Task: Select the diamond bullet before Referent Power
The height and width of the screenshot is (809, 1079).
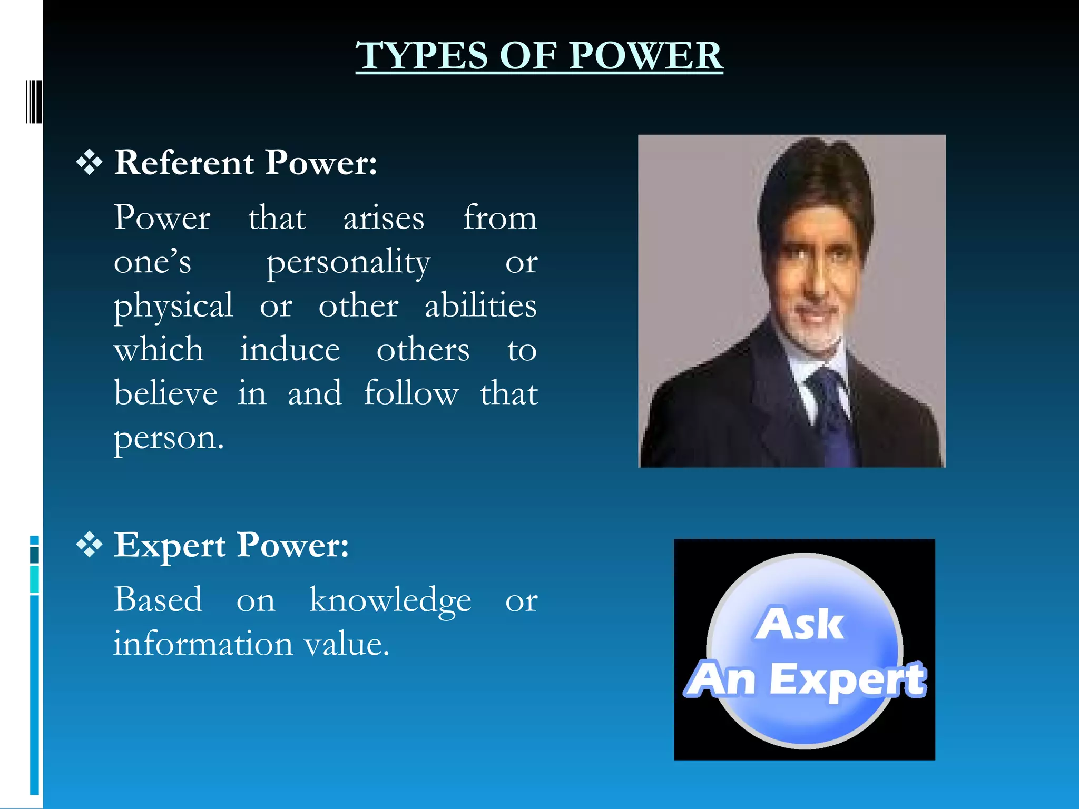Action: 90,163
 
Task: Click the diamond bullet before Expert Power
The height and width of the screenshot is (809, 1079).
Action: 90,545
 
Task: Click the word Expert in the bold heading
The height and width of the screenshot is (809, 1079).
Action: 170,545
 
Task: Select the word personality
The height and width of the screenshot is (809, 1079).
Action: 348,262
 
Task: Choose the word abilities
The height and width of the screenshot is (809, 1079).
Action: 480,305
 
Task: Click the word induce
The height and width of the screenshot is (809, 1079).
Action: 290,350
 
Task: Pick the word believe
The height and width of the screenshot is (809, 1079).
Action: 166,393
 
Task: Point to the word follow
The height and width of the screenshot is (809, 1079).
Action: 411,393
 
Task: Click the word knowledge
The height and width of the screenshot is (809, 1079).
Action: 390,600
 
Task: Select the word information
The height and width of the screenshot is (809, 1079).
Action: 203,644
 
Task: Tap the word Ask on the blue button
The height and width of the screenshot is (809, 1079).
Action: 799,624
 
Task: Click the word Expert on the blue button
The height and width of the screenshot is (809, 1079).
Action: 847,680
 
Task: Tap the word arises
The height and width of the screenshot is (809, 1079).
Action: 384,218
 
